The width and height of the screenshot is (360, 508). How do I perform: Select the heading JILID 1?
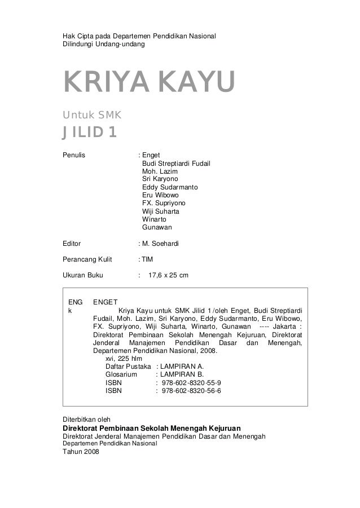(x=90, y=133)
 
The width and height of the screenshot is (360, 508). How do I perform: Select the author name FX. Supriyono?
(x=163, y=203)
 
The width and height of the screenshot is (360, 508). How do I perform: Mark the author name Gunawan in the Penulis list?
(x=157, y=227)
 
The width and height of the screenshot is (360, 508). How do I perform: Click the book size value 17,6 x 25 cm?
(x=169, y=276)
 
